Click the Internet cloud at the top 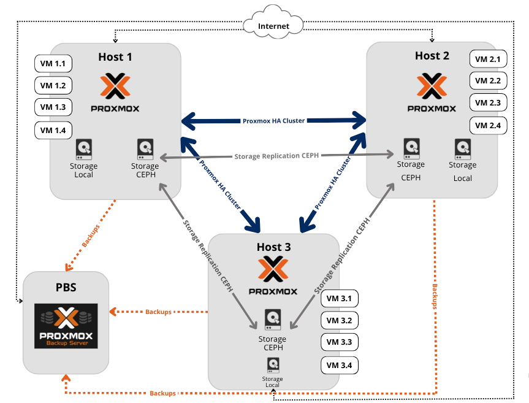tap(273, 26)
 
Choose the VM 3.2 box tap(339, 321)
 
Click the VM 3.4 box tap(339, 366)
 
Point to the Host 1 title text tap(115, 56)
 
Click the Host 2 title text tap(432, 56)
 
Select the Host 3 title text tap(274, 247)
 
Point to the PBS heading tap(66, 287)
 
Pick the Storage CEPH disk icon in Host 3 tap(273, 320)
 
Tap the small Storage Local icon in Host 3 tap(272, 366)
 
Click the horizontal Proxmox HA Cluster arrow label tap(273, 121)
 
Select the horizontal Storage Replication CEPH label tap(276, 156)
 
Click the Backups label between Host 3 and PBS tap(158, 312)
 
